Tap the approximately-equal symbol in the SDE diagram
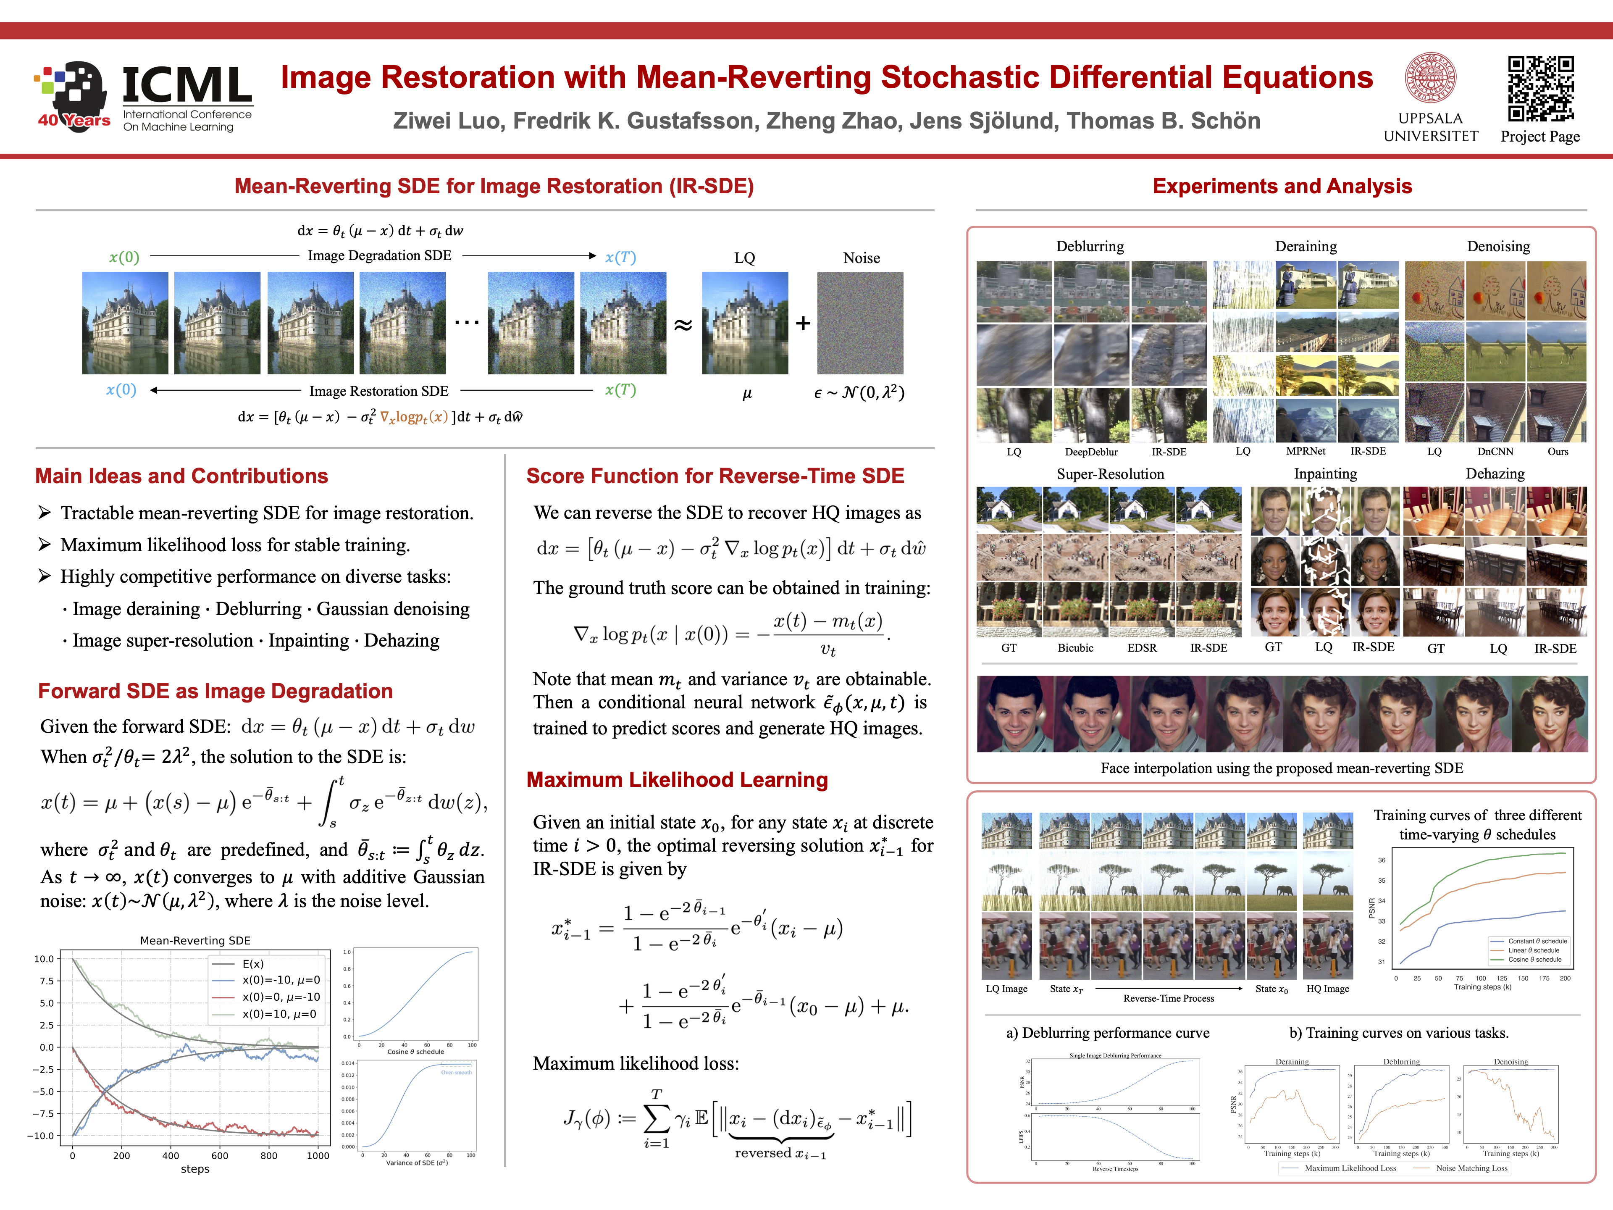pos(683,325)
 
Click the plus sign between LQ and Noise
pos(803,323)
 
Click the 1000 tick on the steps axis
pos(318,1155)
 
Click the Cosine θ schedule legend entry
pos(1534,960)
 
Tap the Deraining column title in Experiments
pos(1305,247)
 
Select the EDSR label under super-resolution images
pos(1142,648)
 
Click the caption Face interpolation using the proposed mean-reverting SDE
pos(1281,768)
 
